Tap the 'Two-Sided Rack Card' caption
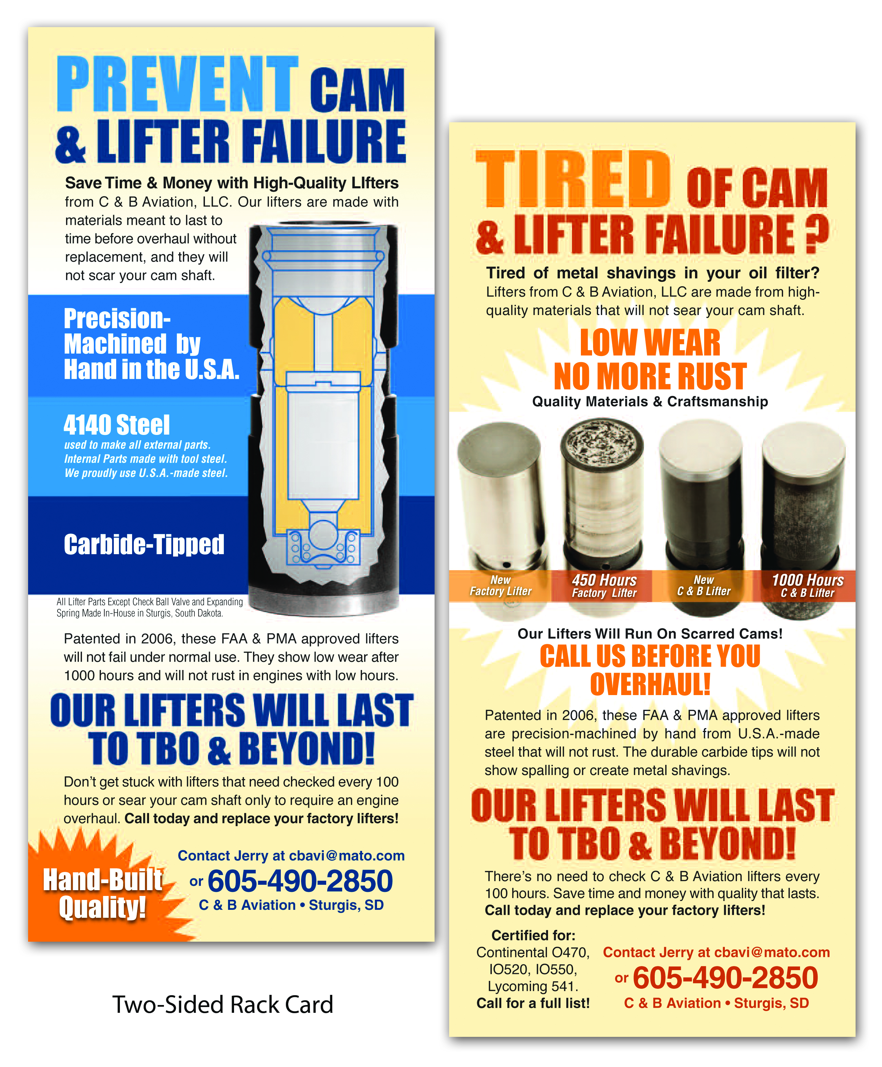(x=223, y=1005)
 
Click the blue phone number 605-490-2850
(x=300, y=881)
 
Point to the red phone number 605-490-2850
(x=725, y=978)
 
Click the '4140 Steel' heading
(x=117, y=425)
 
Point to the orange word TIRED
(x=573, y=180)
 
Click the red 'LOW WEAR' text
(x=650, y=343)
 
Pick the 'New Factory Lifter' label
(x=501, y=585)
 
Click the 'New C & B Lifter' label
(x=704, y=585)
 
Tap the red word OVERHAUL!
(x=650, y=684)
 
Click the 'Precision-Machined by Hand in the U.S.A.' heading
(x=151, y=344)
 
